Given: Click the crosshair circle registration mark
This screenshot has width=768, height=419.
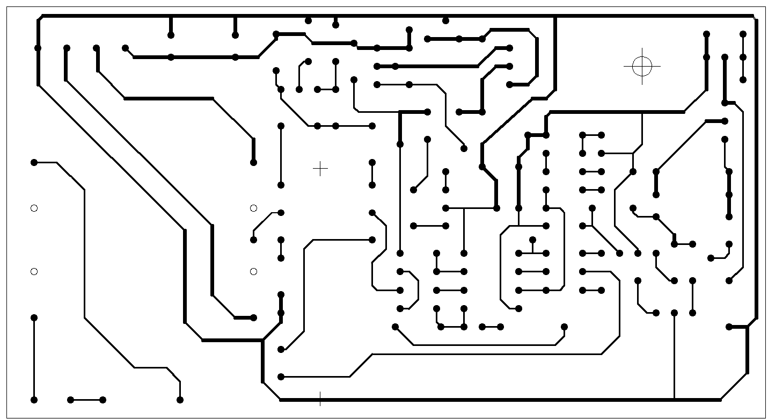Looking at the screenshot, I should coord(642,66).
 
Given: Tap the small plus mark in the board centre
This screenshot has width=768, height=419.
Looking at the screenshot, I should coord(320,169).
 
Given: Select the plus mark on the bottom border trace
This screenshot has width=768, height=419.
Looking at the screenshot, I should coord(320,399).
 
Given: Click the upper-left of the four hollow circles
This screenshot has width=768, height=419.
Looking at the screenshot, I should coord(34,208).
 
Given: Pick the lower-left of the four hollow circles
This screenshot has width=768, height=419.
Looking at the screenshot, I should coord(34,272).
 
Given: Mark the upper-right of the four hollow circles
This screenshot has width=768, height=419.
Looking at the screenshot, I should coord(254,208).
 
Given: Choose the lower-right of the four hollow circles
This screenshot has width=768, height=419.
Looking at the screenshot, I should coord(254,272).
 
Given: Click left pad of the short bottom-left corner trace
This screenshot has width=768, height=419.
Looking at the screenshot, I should coord(70,400).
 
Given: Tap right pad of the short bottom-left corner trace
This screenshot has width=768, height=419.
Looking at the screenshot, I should coord(103,400).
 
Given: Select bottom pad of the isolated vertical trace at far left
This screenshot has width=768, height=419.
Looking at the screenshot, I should coord(34,400).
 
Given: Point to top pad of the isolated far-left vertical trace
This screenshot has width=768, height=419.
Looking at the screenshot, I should coord(34,317).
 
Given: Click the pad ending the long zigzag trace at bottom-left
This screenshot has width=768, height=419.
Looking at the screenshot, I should coord(180,400).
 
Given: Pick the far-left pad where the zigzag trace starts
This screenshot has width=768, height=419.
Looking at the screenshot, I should coord(34,162).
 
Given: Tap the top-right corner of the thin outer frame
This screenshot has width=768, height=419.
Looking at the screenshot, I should coord(765,6).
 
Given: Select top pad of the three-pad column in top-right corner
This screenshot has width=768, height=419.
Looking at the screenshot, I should coord(743,34).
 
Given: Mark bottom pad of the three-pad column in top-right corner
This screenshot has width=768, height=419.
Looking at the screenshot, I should coord(743,80).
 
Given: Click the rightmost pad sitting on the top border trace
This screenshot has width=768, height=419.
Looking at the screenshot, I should coord(445,20).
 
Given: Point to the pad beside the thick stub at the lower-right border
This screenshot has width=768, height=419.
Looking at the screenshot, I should coord(729,327).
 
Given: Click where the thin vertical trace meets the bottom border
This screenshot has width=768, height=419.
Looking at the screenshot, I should coord(674,399).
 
